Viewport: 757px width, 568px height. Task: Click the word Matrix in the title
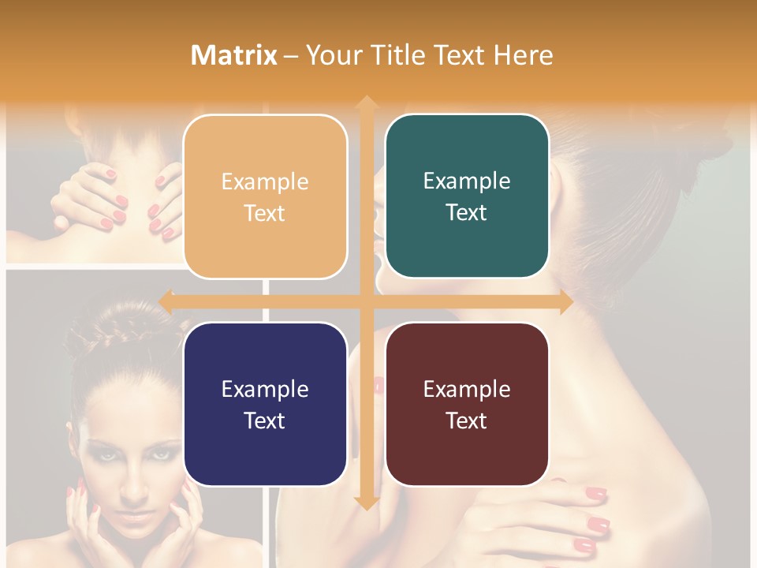click(234, 55)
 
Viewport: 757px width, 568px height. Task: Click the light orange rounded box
click(265, 196)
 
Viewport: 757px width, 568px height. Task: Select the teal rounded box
click(467, 196)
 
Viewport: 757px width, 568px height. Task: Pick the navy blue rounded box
click(265, 404)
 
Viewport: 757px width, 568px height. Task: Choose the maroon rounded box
click(467, 404)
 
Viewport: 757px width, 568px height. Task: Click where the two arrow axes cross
click(366, 301)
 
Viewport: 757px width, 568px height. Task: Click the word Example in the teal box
click(467, 181)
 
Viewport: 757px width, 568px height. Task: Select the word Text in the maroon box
click(467, 420)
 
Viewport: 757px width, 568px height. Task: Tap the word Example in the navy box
click(265, 389)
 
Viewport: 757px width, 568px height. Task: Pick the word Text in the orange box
click(265, 213)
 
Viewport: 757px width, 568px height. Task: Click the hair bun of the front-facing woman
click(95, 335)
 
